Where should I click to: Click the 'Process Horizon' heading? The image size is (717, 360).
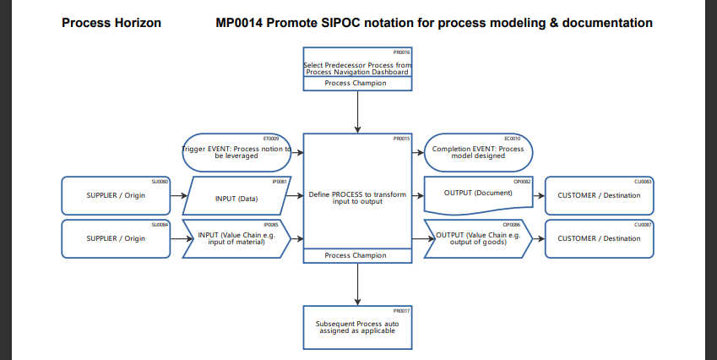[111, 23]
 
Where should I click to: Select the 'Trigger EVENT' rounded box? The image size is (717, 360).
[237, 153]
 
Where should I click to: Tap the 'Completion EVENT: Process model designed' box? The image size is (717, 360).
[478, 153]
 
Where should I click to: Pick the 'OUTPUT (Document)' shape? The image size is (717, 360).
[478, 194]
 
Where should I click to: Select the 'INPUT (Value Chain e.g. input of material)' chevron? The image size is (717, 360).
[237, 238]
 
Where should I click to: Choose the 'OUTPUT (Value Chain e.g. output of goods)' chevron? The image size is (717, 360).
[478, 238]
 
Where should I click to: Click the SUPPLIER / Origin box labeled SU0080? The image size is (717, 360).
[117, 196]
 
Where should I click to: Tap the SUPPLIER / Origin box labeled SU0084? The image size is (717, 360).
[117, 238]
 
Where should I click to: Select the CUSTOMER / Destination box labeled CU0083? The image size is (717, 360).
[599, 196]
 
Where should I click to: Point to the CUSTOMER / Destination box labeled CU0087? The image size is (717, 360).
[599, 238]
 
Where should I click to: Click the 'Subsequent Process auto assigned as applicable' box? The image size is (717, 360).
[357, 327]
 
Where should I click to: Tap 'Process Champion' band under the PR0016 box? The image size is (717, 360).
[357, 84]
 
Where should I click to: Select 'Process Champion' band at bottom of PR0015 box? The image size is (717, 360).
[357, 255]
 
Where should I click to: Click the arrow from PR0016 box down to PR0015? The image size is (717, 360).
[358, 112]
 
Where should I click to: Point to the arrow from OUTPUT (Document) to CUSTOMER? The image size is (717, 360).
[539, 196]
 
